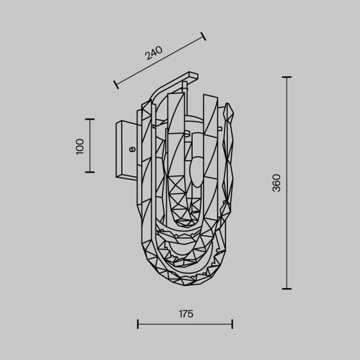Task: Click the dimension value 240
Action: click(x=154, y=53)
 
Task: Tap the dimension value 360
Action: click(x=276, y=183)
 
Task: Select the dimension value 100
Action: click(x=80, y=147)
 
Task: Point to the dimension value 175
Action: click(x=186, y=314)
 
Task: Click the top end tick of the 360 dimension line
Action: click(x=287, y=77)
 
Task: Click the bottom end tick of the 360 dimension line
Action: click(x=287, y=289)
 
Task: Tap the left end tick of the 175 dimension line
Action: click(x=137, y=324)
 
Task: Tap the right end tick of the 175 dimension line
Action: click(x=232, y=324)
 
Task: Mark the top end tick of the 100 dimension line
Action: click(x=90, y=119)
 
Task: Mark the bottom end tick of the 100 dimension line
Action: click(x=90, y=172)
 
